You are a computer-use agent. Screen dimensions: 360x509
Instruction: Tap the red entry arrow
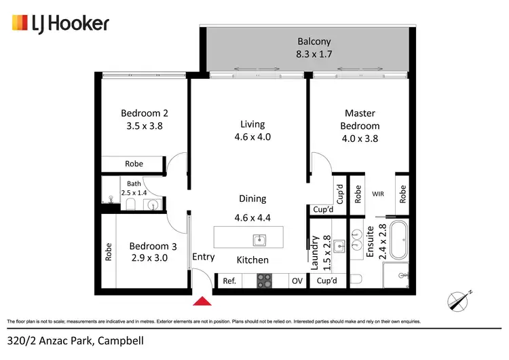coord(202,301)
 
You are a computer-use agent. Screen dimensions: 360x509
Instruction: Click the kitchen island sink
coord(259,240)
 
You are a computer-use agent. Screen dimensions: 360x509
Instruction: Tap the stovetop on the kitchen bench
coord(264,281)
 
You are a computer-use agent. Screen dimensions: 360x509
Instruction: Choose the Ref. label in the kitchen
coord(229,281)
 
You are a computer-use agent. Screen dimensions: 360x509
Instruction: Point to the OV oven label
coord(297,281)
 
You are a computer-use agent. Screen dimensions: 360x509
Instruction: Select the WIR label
coord(378,194)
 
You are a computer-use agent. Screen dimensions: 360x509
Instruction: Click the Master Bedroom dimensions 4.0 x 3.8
coord(360,139)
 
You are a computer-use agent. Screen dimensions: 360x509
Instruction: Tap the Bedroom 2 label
coord(144,113)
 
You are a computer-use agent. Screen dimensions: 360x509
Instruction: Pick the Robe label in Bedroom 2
coord(134,164)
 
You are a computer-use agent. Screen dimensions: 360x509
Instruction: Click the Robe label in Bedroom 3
coord(109,253)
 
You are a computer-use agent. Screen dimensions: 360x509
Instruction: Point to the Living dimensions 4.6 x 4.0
coord(252,137)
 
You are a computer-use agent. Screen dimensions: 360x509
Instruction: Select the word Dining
coord(252,199)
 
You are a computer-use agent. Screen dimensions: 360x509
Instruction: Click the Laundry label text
coord(315,253)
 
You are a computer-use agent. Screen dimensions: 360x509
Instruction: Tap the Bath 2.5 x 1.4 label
coord(133,188)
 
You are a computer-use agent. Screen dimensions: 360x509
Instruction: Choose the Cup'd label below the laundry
coord(327,281)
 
